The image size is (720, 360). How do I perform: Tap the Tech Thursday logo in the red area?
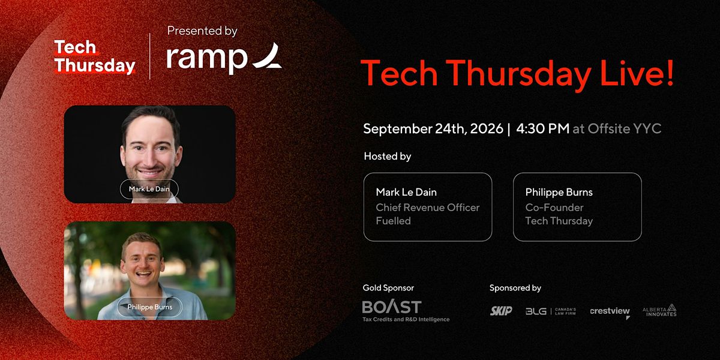tap(95, 57)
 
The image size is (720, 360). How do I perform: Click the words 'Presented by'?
tap(202, 31)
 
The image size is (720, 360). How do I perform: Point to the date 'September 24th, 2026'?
tap(433, 129)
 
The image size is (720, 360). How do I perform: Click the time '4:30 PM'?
tap(542, 128)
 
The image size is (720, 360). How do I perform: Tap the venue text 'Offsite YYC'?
tap(624, 128)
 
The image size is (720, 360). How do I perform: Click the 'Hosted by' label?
tap(388, 156)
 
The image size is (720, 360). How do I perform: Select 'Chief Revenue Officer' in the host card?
tap(427, 208)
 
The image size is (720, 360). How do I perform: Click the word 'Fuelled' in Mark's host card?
tap(393, 221)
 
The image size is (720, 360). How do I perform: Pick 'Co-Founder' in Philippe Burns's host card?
tap(554, 208)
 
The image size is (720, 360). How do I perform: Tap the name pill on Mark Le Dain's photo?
tap(149, 189)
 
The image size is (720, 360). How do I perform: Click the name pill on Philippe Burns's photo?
tap(149, 307)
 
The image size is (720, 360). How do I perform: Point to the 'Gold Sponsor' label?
tap(388, 287)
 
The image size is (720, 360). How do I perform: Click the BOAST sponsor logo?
tap(406, 311)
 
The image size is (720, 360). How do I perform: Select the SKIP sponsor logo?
tap(501, 311)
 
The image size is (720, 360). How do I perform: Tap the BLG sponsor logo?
tap(551, 311)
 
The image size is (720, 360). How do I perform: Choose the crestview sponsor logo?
tap(610, 312)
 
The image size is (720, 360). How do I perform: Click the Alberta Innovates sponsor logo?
tap(659, 311)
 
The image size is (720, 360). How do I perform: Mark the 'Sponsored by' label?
tap(515, 287)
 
